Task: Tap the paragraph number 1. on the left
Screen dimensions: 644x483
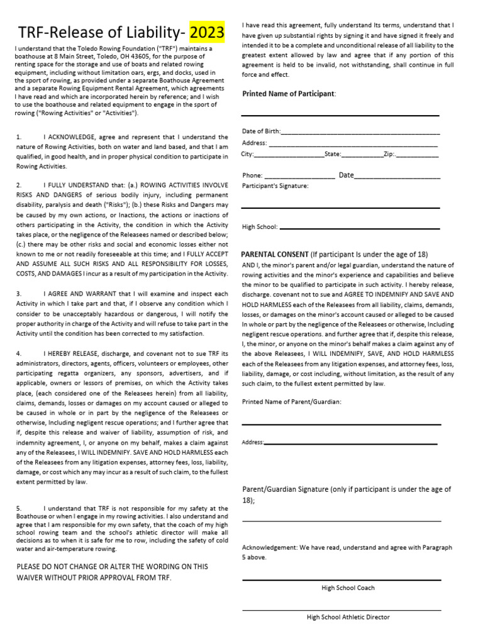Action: pos(19,136)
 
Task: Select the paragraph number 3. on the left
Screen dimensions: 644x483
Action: pos(19,294)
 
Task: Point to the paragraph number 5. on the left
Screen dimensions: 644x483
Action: pos(19,508)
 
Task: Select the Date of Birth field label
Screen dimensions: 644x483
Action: pos(261,131)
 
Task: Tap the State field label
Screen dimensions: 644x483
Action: pos(332,153)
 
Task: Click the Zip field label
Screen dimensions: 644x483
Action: pos(389,153)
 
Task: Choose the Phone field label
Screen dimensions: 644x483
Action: pos(253,175)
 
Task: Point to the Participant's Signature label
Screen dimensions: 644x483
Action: pos(275,186)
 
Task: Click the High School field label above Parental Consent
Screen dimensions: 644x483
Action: pos(260,227)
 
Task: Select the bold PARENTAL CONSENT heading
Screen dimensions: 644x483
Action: pos(275,254)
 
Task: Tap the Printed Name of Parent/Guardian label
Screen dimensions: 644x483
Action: pos(292,401)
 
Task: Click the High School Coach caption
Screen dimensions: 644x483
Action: pos(348,587)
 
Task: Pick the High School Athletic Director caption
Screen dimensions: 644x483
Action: pos(348,617)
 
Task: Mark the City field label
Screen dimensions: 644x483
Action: pos(248,153)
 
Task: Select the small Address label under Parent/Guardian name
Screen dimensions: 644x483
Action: pos(253,443)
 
